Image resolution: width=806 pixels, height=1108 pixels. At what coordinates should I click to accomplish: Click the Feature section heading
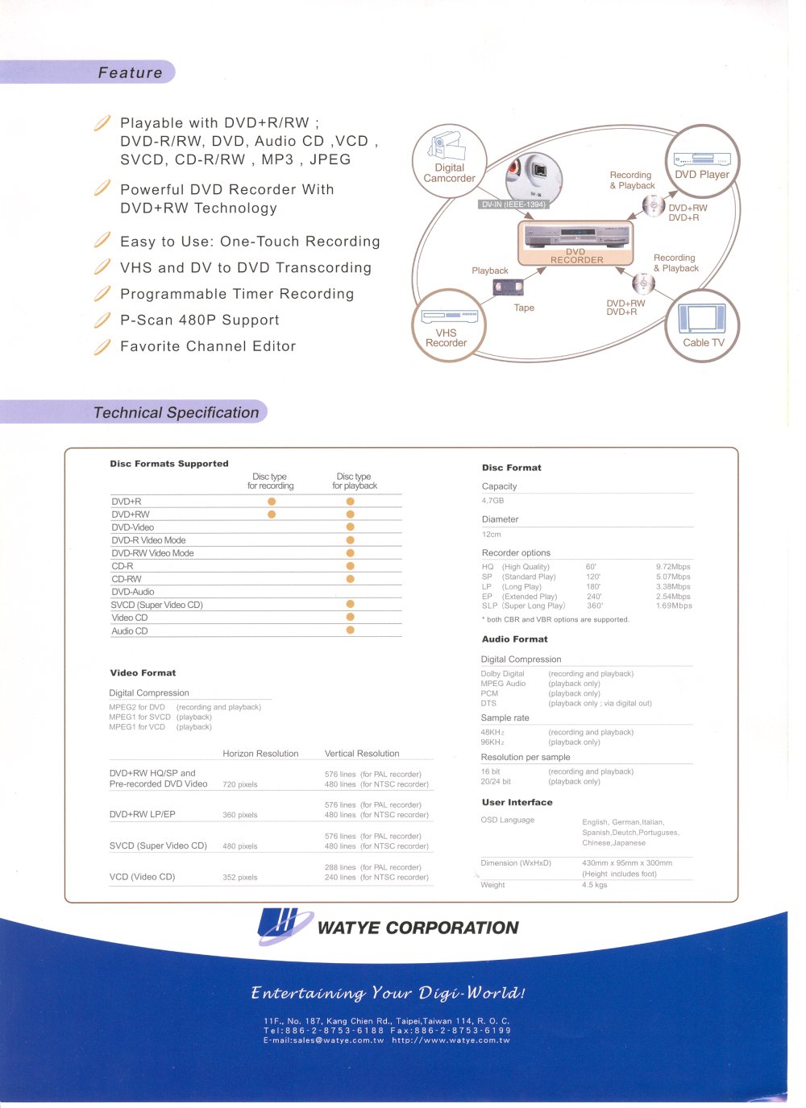click(130, 72)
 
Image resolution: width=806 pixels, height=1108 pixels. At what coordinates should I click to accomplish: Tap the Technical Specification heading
click(176, 412)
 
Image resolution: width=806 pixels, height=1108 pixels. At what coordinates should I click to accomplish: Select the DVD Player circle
click(702, 161)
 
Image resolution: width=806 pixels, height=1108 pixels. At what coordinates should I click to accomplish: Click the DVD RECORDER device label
click(576, 256)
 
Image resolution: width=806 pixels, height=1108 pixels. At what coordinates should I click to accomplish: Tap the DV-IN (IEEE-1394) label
click(513, 205)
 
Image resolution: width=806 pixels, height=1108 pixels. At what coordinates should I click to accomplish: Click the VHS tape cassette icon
click(508, 287)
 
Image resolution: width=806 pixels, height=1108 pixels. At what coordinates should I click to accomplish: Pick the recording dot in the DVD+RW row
click(272, 514)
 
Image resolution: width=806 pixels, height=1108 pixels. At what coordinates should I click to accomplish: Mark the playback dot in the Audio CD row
click(351, 630)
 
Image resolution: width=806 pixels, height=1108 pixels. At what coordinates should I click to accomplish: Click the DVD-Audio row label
click(133, 592)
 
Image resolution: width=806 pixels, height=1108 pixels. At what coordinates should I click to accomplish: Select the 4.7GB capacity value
click(492, 501)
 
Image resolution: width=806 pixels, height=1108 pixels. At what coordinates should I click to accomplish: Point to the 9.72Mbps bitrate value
click(673, 567)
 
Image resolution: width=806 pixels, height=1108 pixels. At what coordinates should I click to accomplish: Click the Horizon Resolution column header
click(260, 754)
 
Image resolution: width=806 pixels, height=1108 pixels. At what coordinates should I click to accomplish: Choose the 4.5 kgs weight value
click(594, 885)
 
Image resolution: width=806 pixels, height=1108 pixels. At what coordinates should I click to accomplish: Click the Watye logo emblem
click(282, 926)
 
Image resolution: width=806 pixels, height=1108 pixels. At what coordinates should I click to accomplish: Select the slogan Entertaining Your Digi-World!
click(388, 993)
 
